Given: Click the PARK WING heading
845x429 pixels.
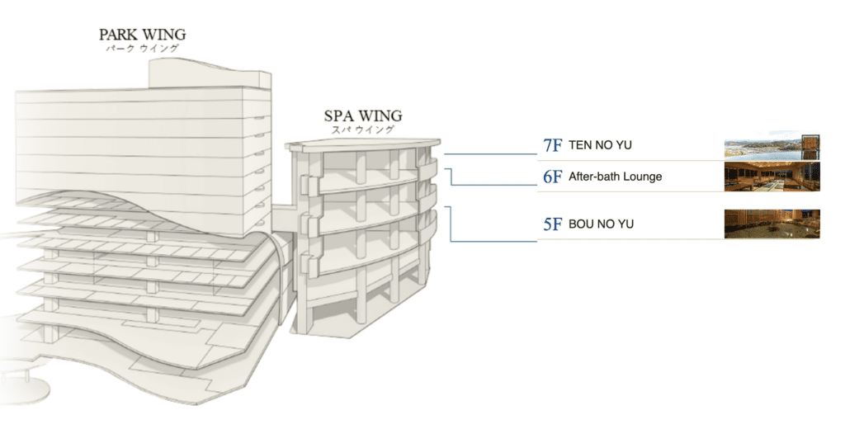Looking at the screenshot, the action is (x=142, y=35).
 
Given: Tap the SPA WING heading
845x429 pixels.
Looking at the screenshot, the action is (x=363, y=115).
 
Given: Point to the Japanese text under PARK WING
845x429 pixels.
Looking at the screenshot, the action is (x=142, y=49).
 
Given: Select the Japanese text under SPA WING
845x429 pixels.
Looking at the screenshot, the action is (x=363, y=130).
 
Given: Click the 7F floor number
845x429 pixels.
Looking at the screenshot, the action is (x=552, y=145).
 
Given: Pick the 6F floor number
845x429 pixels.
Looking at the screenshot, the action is (x=552, y=177).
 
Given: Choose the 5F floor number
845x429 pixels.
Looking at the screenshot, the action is (x=552, y=224).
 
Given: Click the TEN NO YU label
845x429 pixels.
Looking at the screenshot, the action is (x=601, y=145).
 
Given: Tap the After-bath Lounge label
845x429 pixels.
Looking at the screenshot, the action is (x=615, y=177).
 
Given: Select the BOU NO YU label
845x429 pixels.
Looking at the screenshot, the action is (x=602, y=224).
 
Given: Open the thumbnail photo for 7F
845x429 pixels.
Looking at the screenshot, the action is (x=772, y=146).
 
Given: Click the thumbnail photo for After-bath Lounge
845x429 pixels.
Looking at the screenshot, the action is (x=772, y=177).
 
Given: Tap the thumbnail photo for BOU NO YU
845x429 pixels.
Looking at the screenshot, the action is (x=772, y=224).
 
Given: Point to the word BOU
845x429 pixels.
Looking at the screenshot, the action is (x=580, y=224).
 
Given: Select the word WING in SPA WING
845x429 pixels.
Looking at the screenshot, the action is (x=380, y=115).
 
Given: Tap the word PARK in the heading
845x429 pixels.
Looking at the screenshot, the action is (x=117, y=35).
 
